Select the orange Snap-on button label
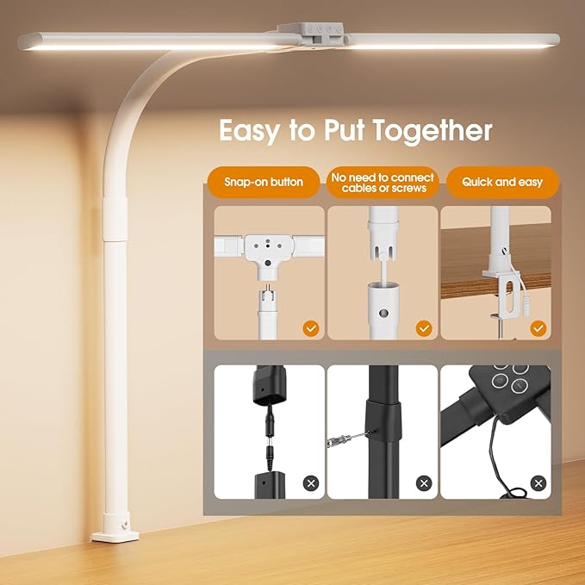264,183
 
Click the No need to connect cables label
383,183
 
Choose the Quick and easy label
501,183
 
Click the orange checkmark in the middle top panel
423,328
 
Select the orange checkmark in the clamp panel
538,328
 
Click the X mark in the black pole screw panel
423,482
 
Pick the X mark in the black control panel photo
538,482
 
